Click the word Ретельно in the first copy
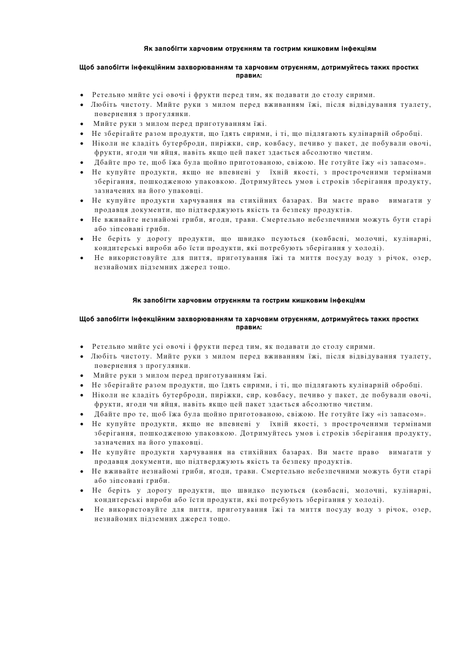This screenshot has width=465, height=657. [x=107, y=95]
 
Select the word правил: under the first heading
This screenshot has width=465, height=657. [x=249, y=75]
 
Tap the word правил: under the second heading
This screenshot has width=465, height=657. [x=249, y=327]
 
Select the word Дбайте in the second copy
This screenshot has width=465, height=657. [x=107, y=414]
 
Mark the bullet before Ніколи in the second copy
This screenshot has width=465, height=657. [x=82, y=395]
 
